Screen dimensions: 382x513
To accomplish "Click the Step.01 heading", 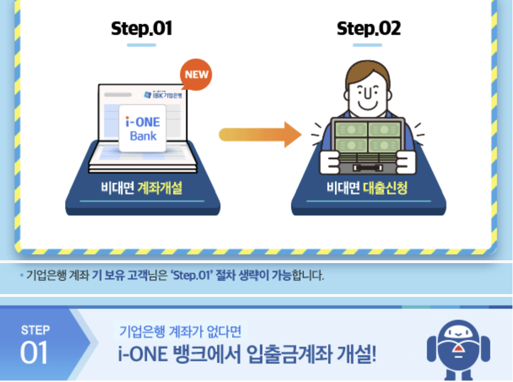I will pos(141,28).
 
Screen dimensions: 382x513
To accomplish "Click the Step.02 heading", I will pos(368,28).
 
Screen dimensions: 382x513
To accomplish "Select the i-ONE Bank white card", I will pos(143,128).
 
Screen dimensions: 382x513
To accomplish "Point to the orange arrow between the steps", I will pos(259,134).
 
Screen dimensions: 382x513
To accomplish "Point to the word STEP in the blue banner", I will pos(35,330).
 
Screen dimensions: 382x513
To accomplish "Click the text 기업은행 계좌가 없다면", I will pos(180,331).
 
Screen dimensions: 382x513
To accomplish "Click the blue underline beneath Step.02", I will pos(368,45).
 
